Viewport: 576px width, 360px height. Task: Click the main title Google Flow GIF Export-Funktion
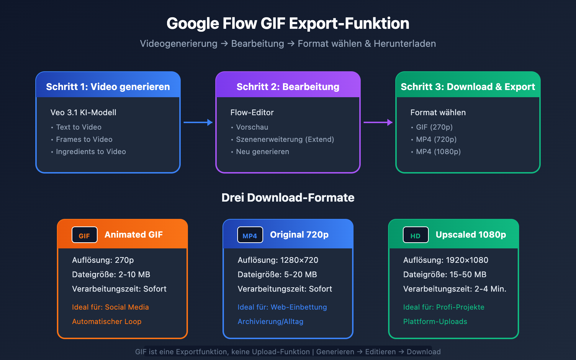(x=288, y=24)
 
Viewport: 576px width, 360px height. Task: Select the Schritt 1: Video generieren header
(x=108, y=87)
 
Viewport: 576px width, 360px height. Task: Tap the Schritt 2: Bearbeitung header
(x=288, y=87)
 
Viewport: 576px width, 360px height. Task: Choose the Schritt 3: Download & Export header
(x=468, y=87)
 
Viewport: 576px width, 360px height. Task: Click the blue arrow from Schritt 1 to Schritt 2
(x=198, y=122)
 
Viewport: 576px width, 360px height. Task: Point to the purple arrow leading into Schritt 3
(x=378, y=122)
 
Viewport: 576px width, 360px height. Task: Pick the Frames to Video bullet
(x=84, y=139)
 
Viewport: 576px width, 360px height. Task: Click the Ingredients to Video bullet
(x=91, y=152)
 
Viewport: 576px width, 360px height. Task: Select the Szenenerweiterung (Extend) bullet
(x=285, y=139)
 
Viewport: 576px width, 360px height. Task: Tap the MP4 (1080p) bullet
(x=438, y=152)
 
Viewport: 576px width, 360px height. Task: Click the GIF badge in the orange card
(x=85, y=235)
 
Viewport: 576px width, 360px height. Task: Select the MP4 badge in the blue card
(x=250, y=235)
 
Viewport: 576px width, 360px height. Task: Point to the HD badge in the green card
(x=415, y=235)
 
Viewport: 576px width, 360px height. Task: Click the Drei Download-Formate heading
(x=288, y=198)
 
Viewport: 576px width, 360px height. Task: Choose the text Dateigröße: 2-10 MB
(x=111, y=274)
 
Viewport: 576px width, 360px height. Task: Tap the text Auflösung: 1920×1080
(x=446, y=260)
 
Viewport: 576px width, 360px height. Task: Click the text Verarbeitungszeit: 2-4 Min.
(x=455, y=289)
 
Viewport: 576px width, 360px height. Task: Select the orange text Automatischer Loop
(x=107, y=321)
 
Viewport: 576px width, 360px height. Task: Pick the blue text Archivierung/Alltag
(x=270, y=321)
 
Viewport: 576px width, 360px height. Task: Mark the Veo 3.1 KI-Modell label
(x=83, y=112)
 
